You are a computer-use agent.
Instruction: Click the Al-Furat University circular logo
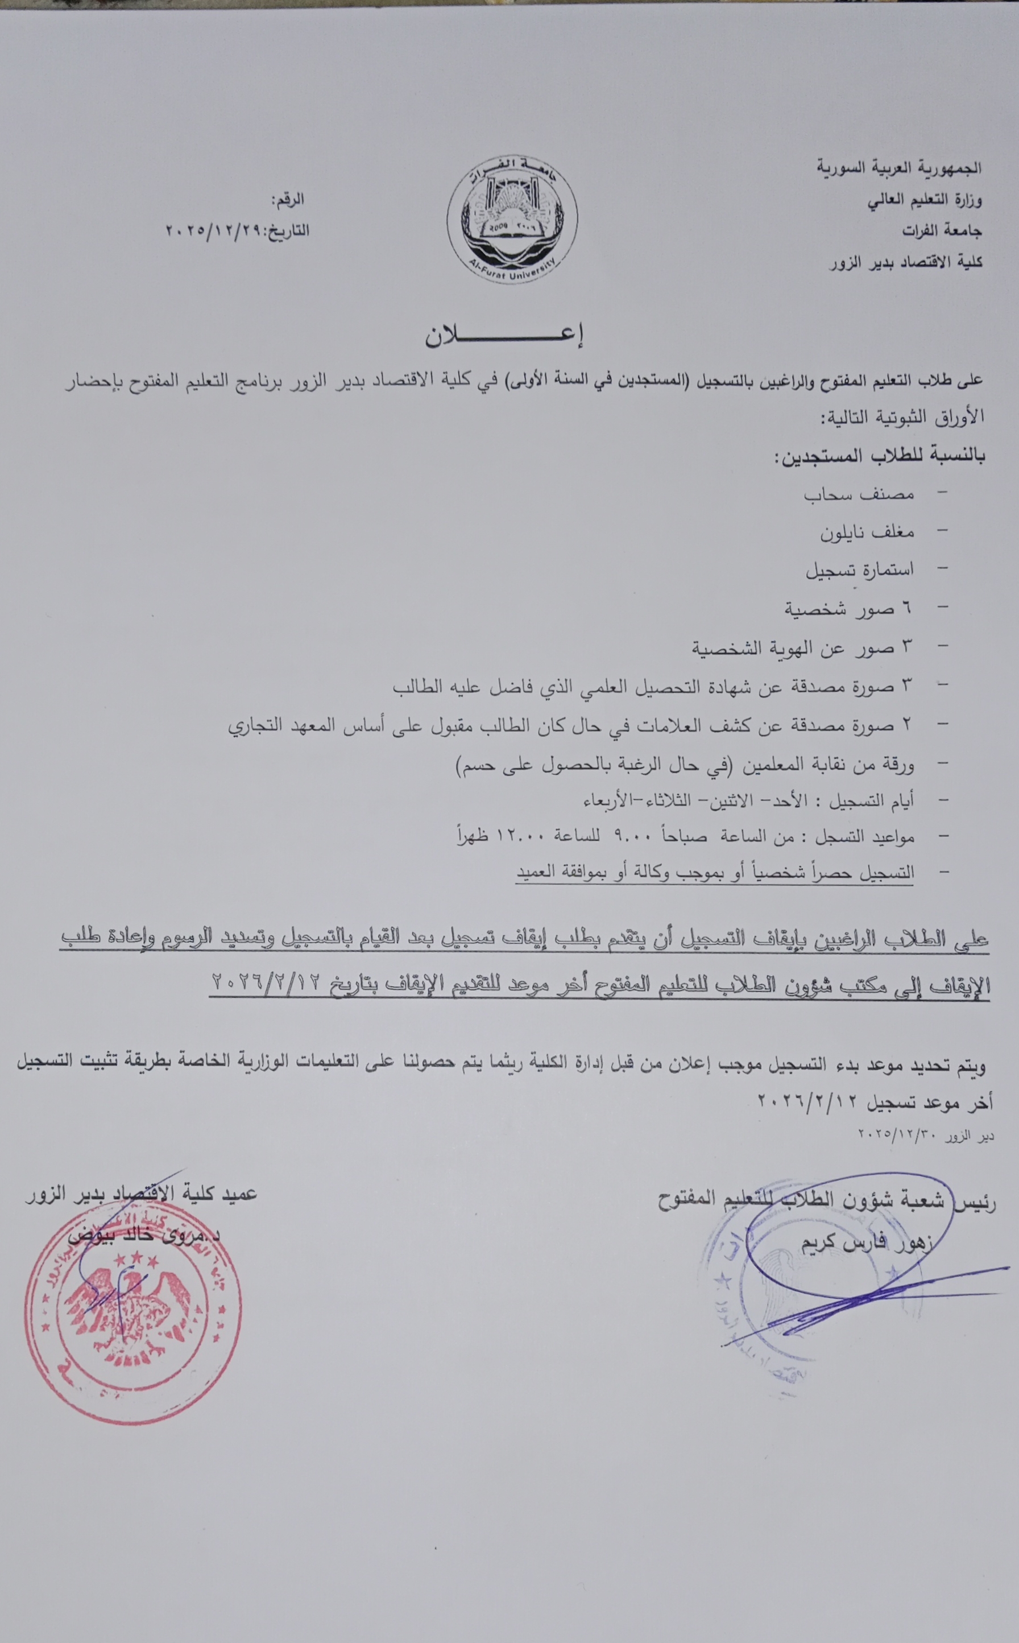(x=512, y=220)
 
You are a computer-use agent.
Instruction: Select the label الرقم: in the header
(x=288, y=200)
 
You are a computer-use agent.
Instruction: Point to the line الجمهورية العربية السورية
(x=900, y=168)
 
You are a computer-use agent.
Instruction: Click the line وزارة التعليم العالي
(x=925, y=200)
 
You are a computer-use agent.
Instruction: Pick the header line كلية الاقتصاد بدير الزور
(x=906, y=262)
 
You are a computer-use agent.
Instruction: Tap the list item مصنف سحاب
(x=859, y=494)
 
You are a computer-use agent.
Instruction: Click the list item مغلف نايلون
(x=867, y=532)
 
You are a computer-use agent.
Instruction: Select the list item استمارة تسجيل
(x=860, y=571)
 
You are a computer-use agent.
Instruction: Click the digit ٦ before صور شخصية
(x=906, y=609)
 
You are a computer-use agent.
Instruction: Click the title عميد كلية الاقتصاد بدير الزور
(x=141, y=1194)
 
